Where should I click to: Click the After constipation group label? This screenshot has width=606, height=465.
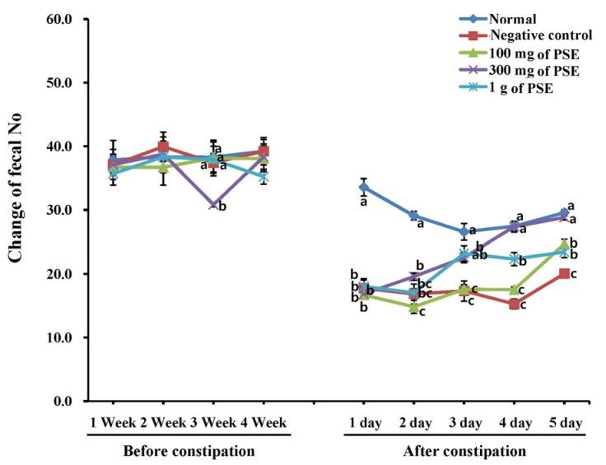pyautogui.click(x=464, y=451)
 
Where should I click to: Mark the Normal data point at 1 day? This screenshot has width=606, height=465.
pyautogui.click(x=364, y=188)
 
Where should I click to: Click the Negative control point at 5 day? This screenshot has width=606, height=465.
pyautogui.click(x=565, y=273)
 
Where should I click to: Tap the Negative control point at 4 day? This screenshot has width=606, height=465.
pyautogui.click(x=515, y=304)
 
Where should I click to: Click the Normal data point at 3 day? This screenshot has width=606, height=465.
pyautogui.click(x=464, y=231)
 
